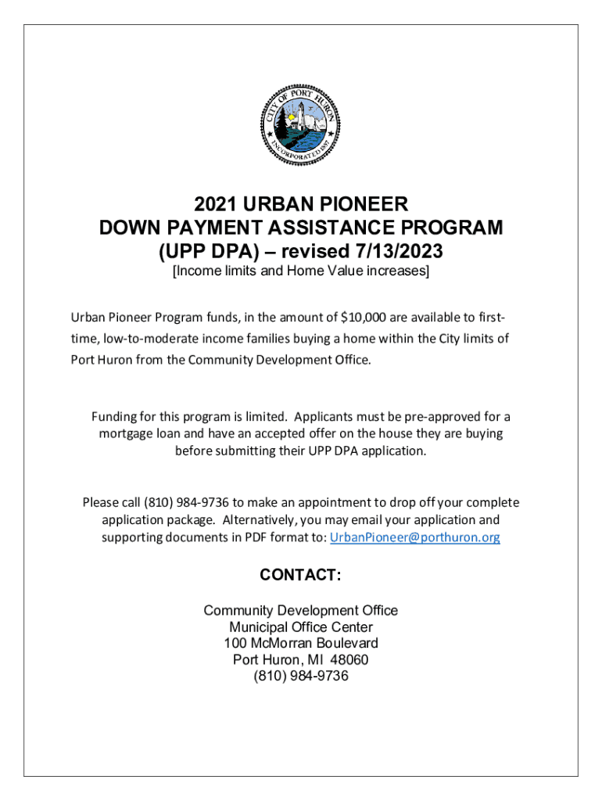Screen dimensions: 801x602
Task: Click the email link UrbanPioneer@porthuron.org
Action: (415, 537)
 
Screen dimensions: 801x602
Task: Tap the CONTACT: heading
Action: (301, 576)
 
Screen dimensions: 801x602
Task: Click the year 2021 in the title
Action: (216, 205)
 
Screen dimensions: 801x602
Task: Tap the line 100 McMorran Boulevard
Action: (301, 643)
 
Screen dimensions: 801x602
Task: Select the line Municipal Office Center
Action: (301, 627)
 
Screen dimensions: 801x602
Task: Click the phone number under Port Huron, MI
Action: (301, 676)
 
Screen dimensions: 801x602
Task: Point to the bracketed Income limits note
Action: (301, 271)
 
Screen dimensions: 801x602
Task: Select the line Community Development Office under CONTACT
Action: (301, 610)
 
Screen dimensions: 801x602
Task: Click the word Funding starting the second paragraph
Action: (115, 417)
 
